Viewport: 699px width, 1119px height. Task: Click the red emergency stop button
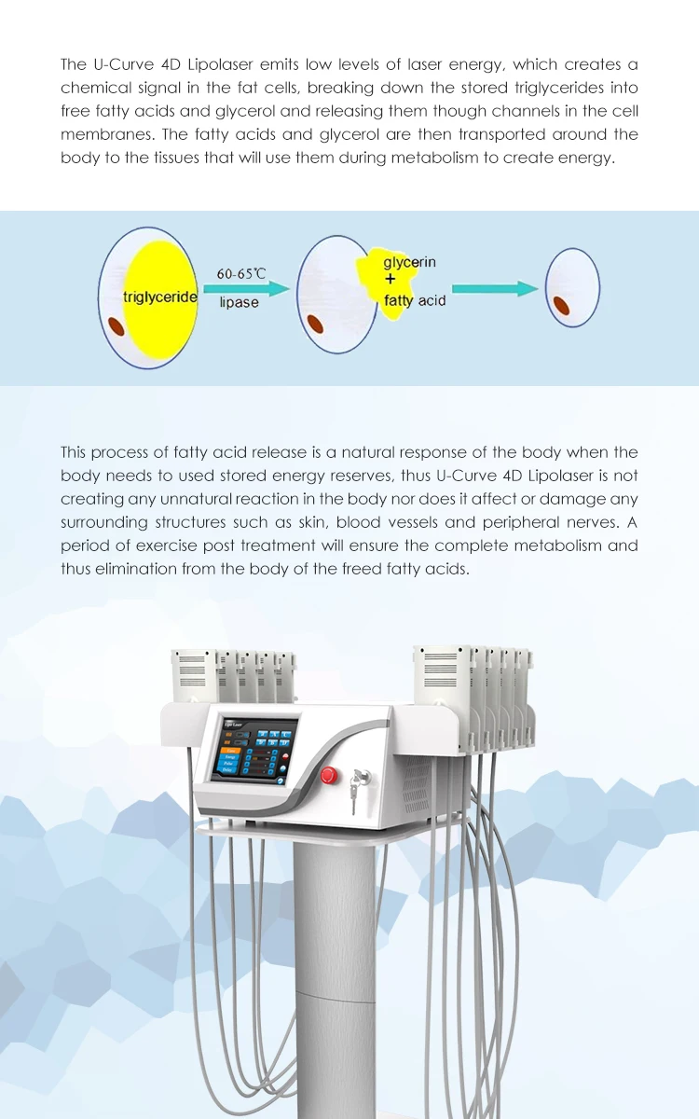pos(328,774)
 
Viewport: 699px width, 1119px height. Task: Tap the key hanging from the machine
pos(352,793)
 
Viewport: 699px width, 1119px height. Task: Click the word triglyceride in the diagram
pos(160,297)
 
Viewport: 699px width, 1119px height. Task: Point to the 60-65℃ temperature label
pos(241,274)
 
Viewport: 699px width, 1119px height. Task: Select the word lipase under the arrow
pos(240,302)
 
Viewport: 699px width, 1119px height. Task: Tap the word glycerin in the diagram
pos(409,262)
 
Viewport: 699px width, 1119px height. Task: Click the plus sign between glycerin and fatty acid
pos(391,280)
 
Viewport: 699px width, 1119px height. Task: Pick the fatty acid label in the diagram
pos(415,300)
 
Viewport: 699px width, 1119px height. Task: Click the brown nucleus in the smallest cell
pos(562,306)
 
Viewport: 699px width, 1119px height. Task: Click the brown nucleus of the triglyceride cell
pos(116,325)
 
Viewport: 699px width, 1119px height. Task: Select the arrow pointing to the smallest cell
pos(508,289)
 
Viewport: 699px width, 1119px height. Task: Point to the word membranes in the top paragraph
pos(102,134)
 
